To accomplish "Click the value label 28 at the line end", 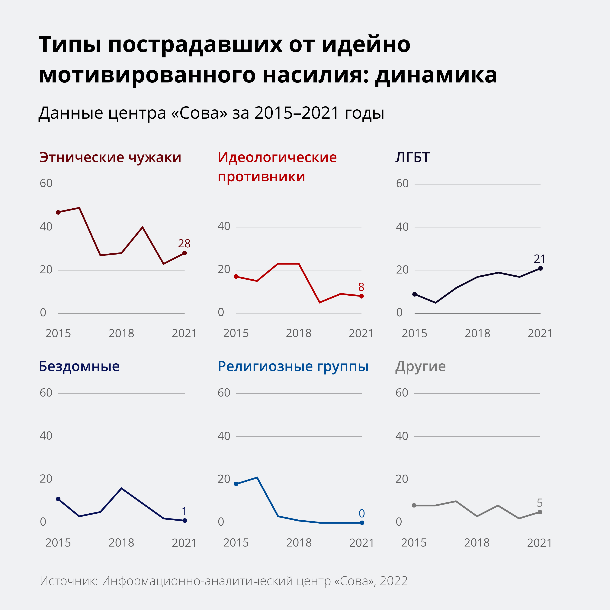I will (x=184, y=243).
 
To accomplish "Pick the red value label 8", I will (x=361, y=287).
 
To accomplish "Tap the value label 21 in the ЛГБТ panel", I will (x=540, y=259).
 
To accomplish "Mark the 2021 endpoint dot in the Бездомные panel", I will (x=185, y=521).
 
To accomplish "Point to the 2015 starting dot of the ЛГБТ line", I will (x=415, y=294).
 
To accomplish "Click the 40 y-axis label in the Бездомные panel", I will (x=46, y=436).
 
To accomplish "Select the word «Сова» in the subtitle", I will (x=199, y=113).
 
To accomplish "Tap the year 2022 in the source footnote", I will (x=393, y=581).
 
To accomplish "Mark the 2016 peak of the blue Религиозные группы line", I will (x=257, y=477).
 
